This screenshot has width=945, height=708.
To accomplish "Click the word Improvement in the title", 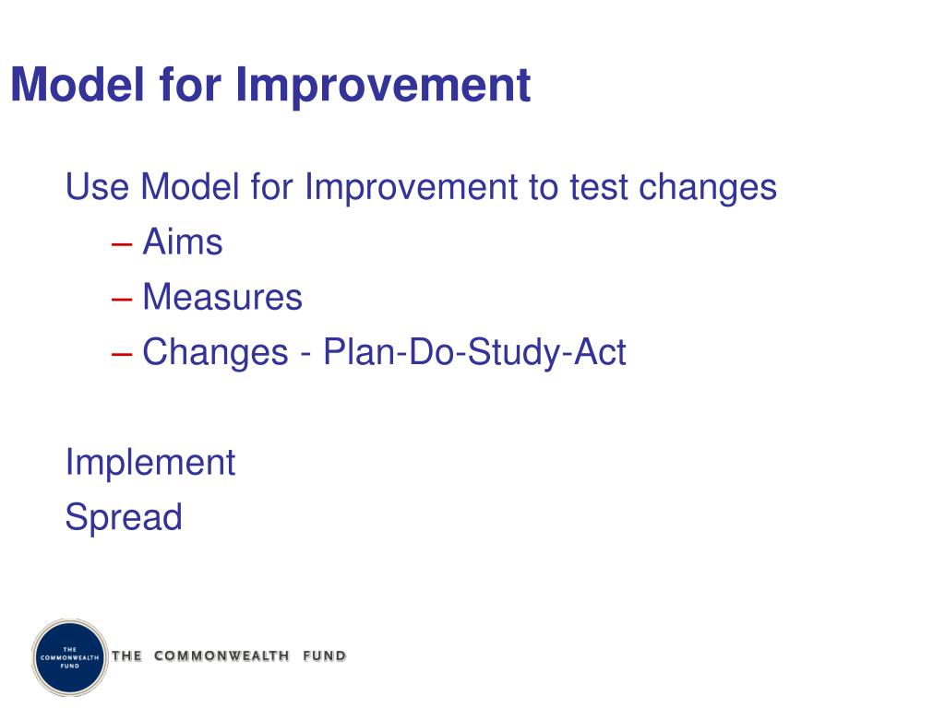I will click(x=383, y=85).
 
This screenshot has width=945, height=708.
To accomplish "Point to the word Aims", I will click(x=183, y=242).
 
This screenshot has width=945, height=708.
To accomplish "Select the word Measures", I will click(x=222, y=298).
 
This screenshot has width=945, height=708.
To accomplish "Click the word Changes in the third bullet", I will click(x=215, y=352).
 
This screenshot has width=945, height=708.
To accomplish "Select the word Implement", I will click(x=150, y=462).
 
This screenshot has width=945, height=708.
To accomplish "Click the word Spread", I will click(x=124, y=517).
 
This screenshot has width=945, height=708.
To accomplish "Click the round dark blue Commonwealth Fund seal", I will click(x=70, y=657).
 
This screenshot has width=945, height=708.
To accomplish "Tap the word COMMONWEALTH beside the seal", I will click(x=221, y=656).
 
